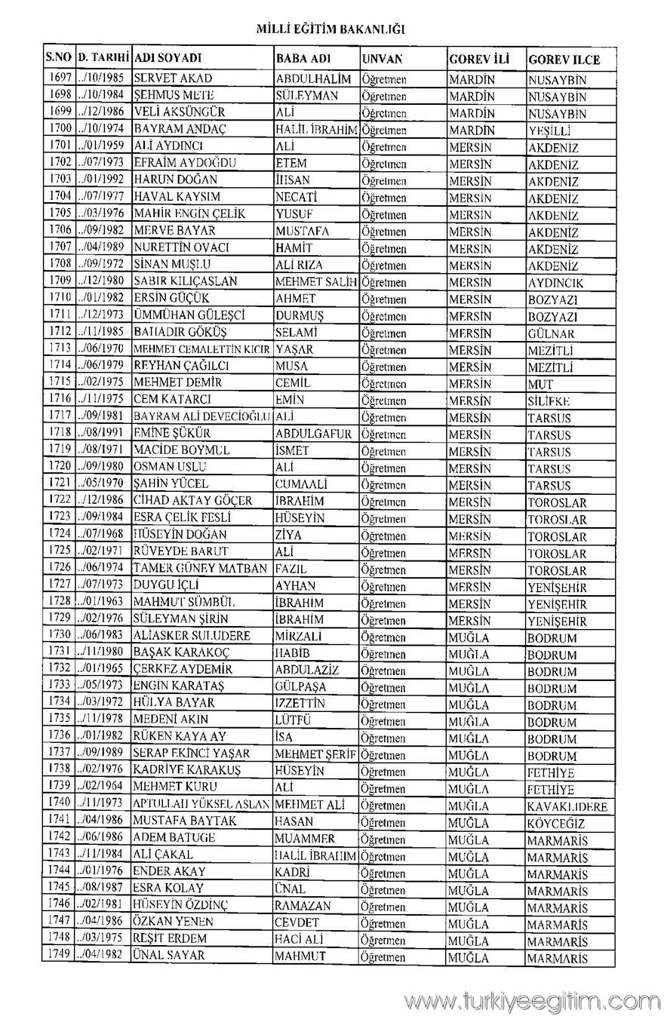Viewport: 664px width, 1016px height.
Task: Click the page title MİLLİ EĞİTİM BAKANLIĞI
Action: (331, 29)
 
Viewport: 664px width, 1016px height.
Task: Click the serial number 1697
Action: (59, 78)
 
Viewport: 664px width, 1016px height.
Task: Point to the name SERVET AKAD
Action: (173, 78)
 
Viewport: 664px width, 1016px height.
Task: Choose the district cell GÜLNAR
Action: (551, 333)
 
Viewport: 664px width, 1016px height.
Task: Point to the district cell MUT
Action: (540, 384)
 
